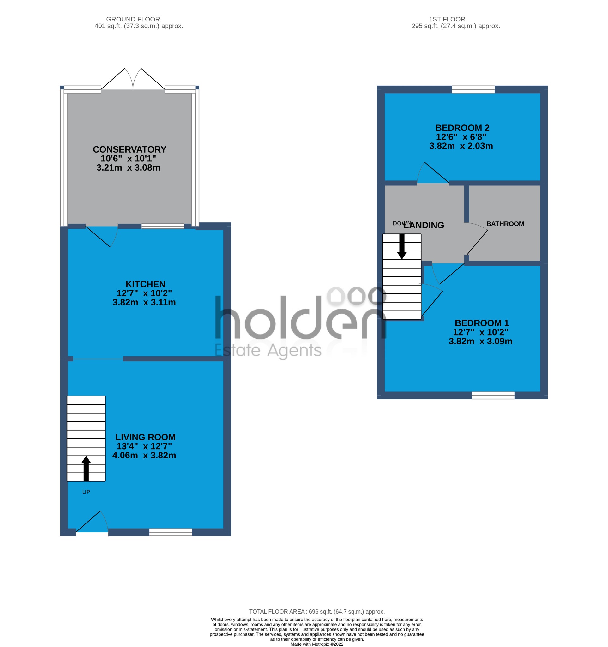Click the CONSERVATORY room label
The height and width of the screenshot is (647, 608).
point(129,149)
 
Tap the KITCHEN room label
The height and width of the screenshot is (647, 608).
point(145,284)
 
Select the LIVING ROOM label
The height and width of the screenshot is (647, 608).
point(145,437)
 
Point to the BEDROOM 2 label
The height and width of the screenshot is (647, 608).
point(462,128)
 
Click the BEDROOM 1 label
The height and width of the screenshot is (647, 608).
point(481,323)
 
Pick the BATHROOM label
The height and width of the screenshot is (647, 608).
point(505,224)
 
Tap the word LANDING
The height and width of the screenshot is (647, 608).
point(424,225)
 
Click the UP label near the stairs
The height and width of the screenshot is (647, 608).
point(86,492)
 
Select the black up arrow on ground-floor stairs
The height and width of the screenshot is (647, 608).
point(86,468)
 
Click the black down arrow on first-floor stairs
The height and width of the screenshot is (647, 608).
point(402,247)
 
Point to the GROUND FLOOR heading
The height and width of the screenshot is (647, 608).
point(133,19)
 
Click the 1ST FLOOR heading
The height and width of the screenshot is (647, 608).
point(447,19)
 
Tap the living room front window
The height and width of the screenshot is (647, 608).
point(171,532)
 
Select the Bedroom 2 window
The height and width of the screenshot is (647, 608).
point(473,89)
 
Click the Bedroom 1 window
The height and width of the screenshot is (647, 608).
point(493,395)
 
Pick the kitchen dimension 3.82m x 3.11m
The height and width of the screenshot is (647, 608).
point(144,302)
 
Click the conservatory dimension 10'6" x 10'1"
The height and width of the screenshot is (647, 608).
point(128,159)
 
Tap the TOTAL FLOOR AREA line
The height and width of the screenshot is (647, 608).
point(316,612)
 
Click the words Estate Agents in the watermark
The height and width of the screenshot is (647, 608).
point(268,351)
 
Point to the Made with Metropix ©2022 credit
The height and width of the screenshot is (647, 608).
point(316,644)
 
